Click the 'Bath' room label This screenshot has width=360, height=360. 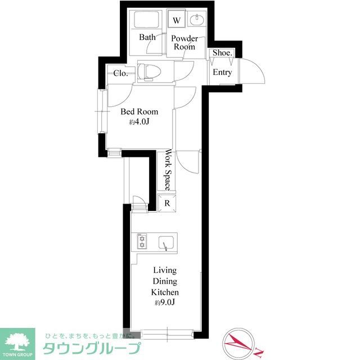tap(147, 38)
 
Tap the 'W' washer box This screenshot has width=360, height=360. tap(177, 20)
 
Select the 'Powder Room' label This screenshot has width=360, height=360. tap(184, 43)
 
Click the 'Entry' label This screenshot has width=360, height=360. tap(222, 73)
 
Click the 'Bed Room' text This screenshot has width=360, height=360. tap(139, 111)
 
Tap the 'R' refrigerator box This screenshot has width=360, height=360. tap(167, 204)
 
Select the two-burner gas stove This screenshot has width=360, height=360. tap(142, 242)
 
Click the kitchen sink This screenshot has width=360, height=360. tap(166, 242)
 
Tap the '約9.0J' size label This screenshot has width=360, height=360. tap(165, 303)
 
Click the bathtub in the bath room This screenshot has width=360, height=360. tap(147, 21)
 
